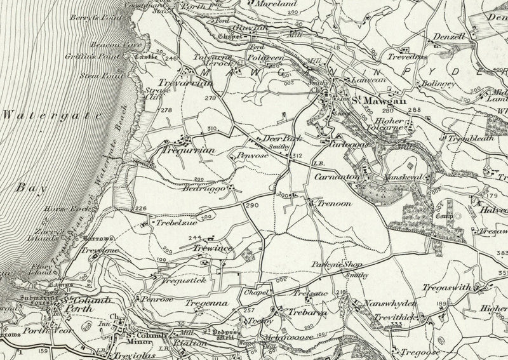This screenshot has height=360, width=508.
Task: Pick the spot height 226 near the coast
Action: [140, 209]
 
